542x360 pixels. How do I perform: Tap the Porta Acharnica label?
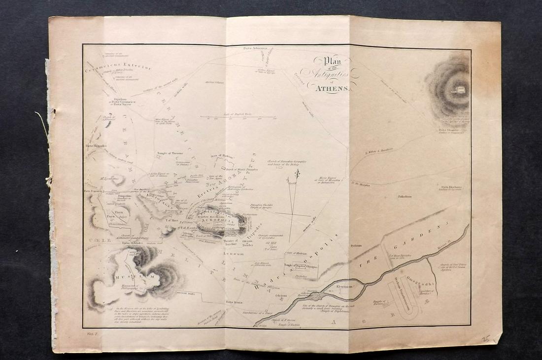pos(255,48)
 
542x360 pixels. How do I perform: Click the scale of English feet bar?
pos(237,117)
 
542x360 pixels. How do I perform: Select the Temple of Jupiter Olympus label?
pos(301,266)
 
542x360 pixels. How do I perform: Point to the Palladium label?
pos(405,196)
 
